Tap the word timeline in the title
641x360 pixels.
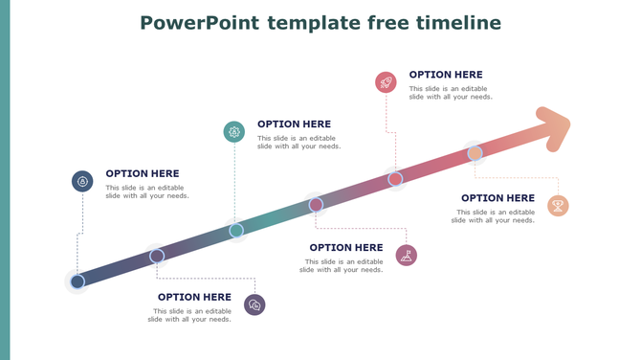click(456, 22)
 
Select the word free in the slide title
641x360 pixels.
click(384, 22)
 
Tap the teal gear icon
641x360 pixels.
click(234, 132)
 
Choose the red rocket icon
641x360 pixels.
click(386, 82)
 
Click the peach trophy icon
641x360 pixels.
click(558, 206)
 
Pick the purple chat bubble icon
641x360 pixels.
click(254, 304)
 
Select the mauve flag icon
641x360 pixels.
click(407, 255)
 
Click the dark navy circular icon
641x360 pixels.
click(82, 181)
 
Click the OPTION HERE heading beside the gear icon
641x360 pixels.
click(294, 124)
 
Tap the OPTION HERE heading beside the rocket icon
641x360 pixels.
click(446, 75)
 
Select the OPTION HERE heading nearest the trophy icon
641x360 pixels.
click(497, 198)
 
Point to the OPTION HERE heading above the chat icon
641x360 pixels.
click(194, 297)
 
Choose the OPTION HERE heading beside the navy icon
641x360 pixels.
click(143, 174)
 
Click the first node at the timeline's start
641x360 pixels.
click(77, 281)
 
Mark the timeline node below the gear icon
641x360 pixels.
click(236, 230)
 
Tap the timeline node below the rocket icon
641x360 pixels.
click(395, 179)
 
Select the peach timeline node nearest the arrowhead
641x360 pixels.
click(475, 153)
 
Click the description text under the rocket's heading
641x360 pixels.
click(451, 93)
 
